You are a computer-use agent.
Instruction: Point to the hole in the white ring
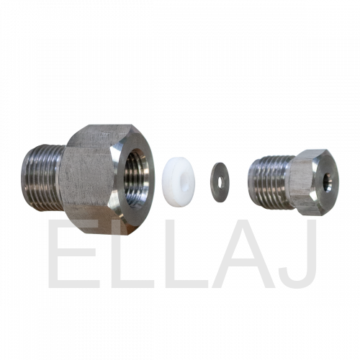[x=185, y=181]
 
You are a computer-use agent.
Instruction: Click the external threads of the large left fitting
[x=43, y=178]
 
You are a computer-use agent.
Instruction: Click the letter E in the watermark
[x=73, y=253]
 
